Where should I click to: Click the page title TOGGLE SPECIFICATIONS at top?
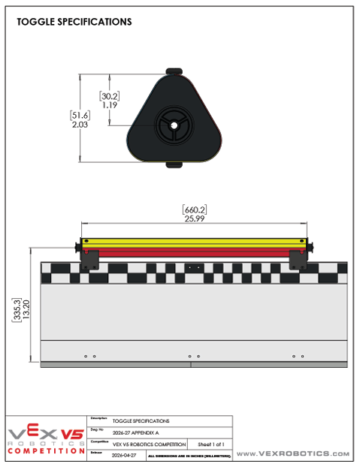(74, 22)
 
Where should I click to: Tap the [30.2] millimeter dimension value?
(110, 95)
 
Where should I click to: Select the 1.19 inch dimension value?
(110, 105)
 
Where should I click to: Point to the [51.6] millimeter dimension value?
(80, 115)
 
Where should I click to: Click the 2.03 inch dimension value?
(80, 125)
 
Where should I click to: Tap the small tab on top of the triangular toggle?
(174, 71)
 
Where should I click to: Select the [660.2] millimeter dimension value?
(194, 209)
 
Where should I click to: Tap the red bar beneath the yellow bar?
(194, 253)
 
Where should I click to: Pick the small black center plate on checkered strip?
(194, 267)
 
